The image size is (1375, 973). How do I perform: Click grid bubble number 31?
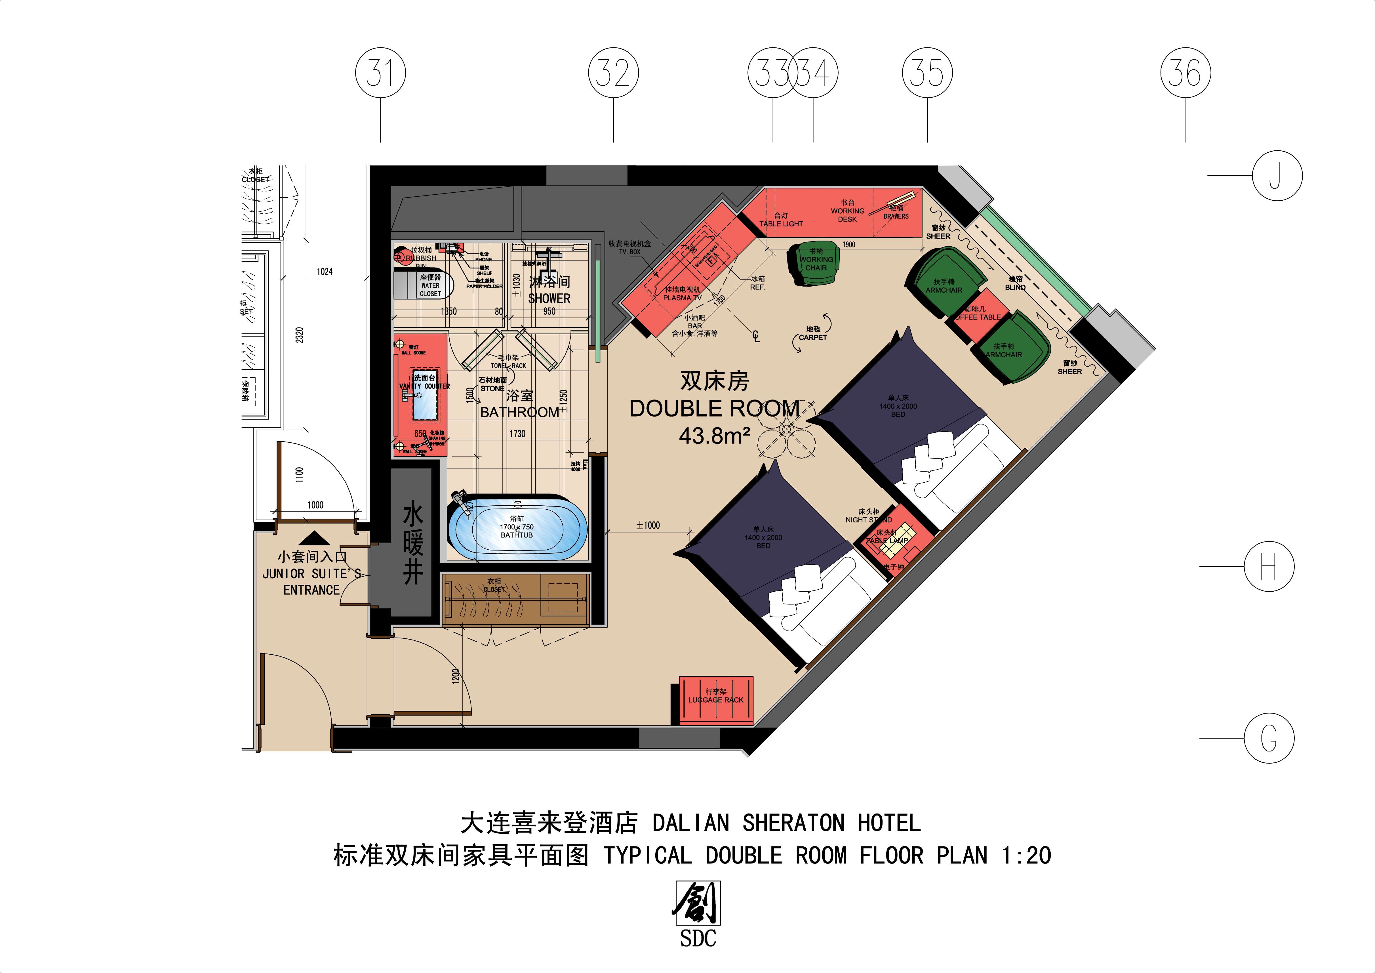(x=381, y=73)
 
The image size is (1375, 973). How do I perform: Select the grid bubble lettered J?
(x=1277, y=176)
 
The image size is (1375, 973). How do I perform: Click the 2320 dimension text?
(x=300, y=335)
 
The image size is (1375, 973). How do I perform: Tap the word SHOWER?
(x=549, y=299)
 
